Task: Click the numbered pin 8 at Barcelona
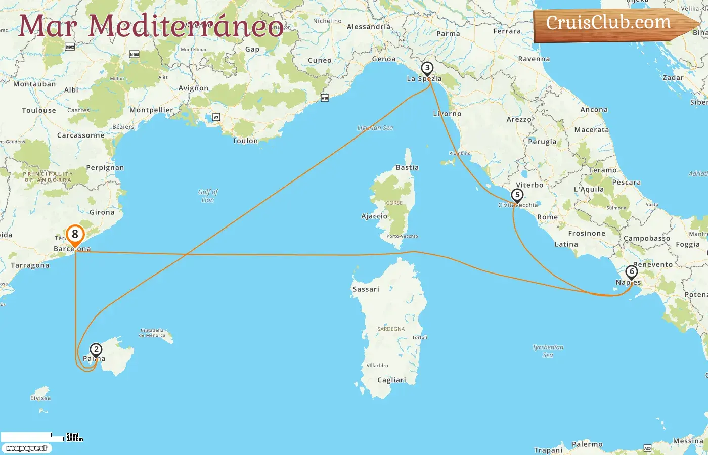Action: [x=75, y=234]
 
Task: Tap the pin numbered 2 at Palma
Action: [x=96, y=349]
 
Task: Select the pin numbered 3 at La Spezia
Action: [x=427, y=68]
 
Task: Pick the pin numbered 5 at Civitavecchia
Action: [x=517, y=195]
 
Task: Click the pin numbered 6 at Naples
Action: [x=631, y=272]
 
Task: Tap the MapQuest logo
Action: [x=26, y=448]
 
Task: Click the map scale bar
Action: [x=33, y=436]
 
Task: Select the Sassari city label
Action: [x=366, y=289]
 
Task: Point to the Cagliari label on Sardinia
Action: [x=391, y=380]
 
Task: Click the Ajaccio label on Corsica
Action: [x=374, y=216]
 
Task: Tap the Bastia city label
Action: [x=407, y=167]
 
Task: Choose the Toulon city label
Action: [x=245, y=141]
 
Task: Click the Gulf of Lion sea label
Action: [x=208, y=196]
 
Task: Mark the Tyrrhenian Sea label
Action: [x=548, y=351]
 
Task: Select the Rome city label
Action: [x=547, y=217]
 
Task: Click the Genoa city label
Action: [x=384, y=59]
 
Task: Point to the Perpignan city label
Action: [x=105, y=168]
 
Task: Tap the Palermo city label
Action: [x=587, y=445]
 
